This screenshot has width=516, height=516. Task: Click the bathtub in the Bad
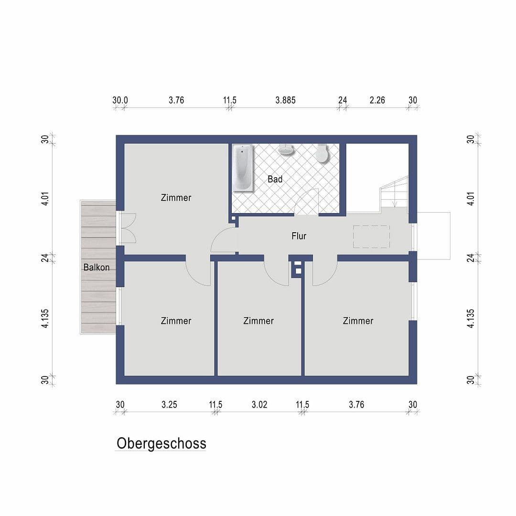coord(243,168)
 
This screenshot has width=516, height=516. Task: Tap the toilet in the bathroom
coord(322,153)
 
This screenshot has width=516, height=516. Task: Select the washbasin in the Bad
coord(286,150)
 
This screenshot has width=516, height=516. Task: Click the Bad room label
coord(275,179)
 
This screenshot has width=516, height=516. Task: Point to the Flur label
coord(299,236)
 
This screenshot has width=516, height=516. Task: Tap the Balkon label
coord(96,267)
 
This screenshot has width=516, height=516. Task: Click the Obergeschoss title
coord(161,443)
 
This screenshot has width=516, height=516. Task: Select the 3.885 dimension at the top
coord(285,100)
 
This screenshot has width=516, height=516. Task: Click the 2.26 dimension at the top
coord(377,100)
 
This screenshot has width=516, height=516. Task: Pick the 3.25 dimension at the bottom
coord(169,405)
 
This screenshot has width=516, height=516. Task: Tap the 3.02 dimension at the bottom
coord(259,405)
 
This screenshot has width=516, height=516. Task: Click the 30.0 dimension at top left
coord(120,100)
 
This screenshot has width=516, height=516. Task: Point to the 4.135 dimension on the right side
coord(471,318)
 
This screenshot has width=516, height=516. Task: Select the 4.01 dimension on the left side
coord(45,199)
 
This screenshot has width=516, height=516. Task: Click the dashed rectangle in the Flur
coord(371,236)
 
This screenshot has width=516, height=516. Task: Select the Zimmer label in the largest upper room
coord(176,197)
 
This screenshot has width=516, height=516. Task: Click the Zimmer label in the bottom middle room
coord(258,321)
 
